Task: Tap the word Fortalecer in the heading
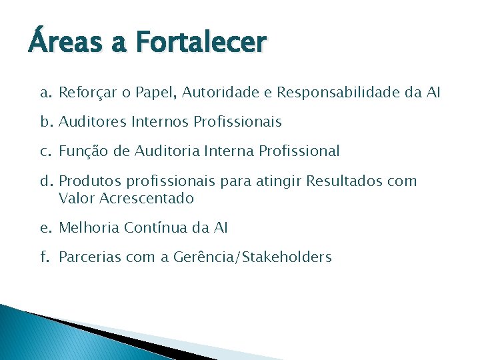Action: click(x=201, y=45)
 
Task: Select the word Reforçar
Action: click(x=85, y=93)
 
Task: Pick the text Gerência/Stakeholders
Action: click(x=251, y=257)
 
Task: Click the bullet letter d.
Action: click(x=44, y=181)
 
